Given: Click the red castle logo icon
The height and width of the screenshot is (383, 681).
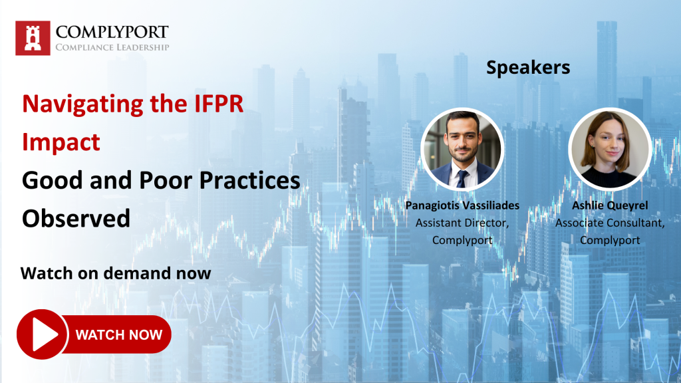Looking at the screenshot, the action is point(33,38).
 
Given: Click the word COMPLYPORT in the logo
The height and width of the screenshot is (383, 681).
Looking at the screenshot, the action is point(112,32).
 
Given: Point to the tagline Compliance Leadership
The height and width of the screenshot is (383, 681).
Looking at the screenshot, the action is point(112,47).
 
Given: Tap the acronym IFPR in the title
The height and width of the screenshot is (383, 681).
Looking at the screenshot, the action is point(218,104).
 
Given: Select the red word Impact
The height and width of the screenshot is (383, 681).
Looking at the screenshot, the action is point(61,142).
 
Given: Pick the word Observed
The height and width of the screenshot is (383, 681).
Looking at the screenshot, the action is point(76,218).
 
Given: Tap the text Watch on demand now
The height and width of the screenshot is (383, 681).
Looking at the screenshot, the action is point(116,273).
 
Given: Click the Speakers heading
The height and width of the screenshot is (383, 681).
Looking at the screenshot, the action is point(527,68).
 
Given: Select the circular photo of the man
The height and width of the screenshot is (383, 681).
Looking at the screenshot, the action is point(462,149).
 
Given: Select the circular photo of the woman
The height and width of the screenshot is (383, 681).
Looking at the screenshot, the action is point(610,149).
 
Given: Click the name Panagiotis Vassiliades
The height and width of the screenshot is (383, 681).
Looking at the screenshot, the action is point(462,205).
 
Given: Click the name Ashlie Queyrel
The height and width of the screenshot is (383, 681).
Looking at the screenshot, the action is point(610,205).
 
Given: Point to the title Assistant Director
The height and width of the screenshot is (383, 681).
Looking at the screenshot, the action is point(462,223).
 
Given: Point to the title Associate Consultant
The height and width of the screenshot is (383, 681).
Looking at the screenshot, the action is point(610,223).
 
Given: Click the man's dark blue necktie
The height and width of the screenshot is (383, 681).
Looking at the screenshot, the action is point(462,179).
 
